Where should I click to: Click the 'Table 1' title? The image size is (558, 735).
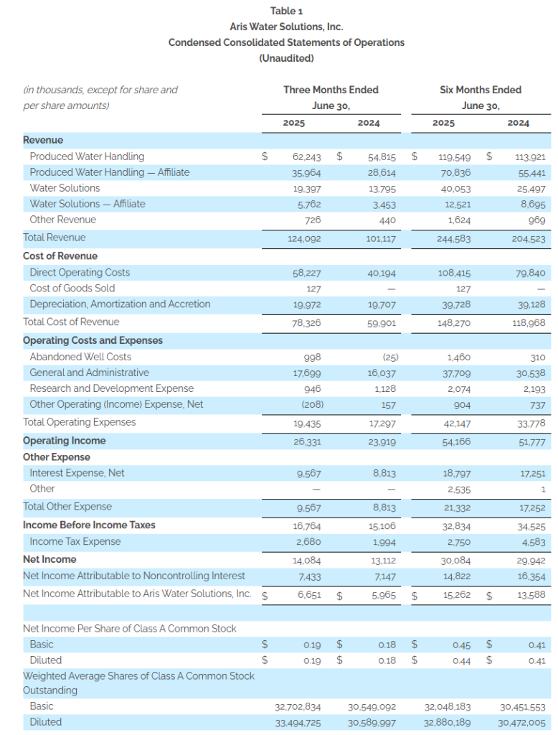tap(286, 11)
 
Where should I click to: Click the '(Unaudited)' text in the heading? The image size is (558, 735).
tap(286, 58)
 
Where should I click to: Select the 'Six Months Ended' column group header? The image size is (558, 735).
tap(481, 90)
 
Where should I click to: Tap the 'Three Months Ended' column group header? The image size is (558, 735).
tap(331, 90)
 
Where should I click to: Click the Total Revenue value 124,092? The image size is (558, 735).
tap(304, 239)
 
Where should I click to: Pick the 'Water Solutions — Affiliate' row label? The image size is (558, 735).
tap(88, 204)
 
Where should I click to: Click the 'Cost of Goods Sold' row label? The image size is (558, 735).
tap(72, 289)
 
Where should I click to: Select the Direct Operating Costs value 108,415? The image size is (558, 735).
tap(455, 273)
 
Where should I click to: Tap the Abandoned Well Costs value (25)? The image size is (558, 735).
tap(390, 357)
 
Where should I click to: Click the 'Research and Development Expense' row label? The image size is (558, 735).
tap(111, 388)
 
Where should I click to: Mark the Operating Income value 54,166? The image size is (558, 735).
tap(456, 442)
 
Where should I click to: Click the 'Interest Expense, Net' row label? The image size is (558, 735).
tap(77, 473)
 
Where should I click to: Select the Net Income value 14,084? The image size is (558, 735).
tap(307, 561)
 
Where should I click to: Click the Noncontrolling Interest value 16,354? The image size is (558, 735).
tap(531, 576)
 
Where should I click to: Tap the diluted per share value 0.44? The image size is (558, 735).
tap(461, 661)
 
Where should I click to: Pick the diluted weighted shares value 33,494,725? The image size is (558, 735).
tap(298, 724)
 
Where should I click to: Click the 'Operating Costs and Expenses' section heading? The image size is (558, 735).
tap(93, 340)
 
